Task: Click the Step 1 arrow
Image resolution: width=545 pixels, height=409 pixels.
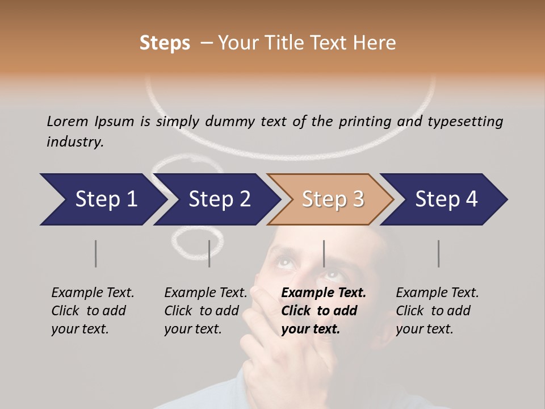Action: coord(102,199)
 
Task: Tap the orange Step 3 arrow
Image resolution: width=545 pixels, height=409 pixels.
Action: coord(332,199)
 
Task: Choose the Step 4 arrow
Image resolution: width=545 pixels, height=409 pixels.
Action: coord(446,199)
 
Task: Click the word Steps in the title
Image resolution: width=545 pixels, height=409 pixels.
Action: coord(165,43)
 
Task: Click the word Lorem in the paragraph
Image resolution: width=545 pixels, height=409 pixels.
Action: coord(68,122)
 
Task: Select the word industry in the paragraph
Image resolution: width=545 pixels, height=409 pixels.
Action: coord(74,142)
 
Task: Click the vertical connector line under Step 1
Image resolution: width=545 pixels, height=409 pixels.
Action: coord(95,253)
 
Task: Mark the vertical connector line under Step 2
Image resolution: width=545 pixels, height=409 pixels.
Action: coord(209,253)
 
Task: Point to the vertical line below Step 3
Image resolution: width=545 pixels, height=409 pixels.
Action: coord(324,253)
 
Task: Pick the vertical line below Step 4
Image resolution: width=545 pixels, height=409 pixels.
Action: coord(438,253)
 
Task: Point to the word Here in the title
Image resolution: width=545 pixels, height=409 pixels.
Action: coord(377,43)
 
